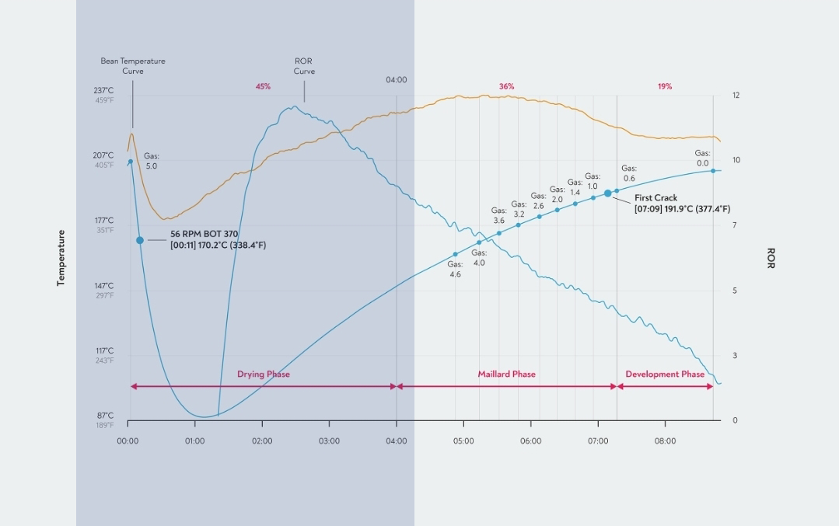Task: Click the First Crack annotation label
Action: coord(655,198)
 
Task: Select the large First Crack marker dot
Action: coord(608,193)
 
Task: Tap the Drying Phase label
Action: coord(264,374)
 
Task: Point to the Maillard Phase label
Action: coord(506,374)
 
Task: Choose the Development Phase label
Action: coord(665,374)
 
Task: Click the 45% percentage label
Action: coord(263,87)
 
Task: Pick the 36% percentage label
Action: coord(506,87)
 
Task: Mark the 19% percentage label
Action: coord(665,87)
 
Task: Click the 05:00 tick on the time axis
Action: coord(463,441)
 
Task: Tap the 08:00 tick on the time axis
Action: coord(665,441)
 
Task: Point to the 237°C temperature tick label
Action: coord(104,91)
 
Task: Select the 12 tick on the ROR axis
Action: coord(736,96)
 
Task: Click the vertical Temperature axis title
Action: coord(61,258)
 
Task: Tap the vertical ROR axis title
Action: coord(771,258)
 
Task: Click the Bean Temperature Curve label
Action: coord(133,66)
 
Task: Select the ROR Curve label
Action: coord(304,66)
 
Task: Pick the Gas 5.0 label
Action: coord(151,162)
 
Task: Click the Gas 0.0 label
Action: coord(702,158)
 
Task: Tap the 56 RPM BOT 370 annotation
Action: coord(205,234)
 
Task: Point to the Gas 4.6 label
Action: coord(455,270)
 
